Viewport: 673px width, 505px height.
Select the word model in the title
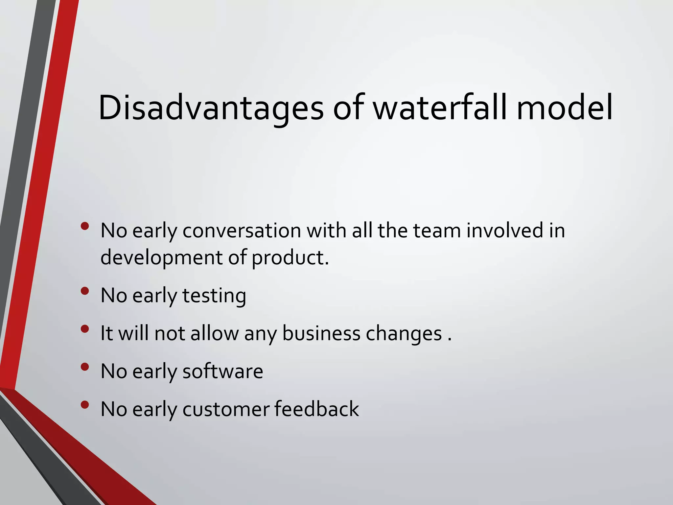click(x=564, y=108)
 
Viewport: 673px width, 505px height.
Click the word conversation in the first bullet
click(x=242, y=230)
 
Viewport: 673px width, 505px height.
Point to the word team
click(x=437, y=230)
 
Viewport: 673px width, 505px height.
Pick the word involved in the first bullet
click(x=505, y=230)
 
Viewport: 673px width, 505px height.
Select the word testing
click(x=214, y=296)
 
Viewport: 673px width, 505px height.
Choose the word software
click(x=222, y=372)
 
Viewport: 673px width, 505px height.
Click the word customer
click(x=226, y=409)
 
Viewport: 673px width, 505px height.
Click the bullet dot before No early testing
click(x=85, y=291)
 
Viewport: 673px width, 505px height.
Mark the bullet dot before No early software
click(x=85, y=367)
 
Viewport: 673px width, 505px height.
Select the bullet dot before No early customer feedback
click(x=85, y=404)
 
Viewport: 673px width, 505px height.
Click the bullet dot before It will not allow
click(x=85, y=329)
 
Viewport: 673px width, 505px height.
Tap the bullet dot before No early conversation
click(x=85, y=226)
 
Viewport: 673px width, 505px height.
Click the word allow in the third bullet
click(x=215, y=333)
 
